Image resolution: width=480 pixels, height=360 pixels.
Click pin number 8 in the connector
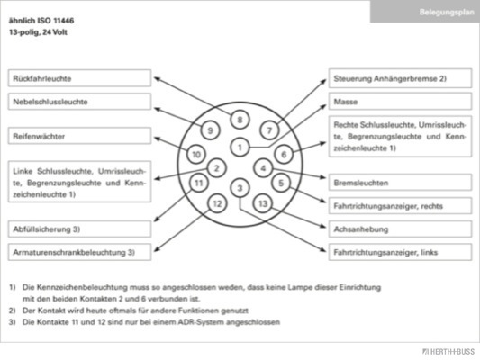(x=240, y=120)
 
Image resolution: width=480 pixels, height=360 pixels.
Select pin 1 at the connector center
(x=240, y=148)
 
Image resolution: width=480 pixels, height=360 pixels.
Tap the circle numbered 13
(x=263, y=203)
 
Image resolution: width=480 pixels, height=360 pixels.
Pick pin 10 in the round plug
(x=196, y=154)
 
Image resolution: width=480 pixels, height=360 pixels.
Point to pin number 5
(x=281, y=183)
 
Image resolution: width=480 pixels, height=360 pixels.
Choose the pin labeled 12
(x=217, y=203)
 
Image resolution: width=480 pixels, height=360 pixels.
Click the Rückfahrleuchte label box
(x=79, y=78)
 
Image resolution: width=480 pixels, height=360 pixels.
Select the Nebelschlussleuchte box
(x=79, y=102)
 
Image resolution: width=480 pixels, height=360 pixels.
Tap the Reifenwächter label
(x=79, y=136)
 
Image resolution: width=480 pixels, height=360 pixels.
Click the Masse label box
(x=400, y=102)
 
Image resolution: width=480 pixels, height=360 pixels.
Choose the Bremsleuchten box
(x=400, y=183)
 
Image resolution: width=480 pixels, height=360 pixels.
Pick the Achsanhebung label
(x=400, y=229)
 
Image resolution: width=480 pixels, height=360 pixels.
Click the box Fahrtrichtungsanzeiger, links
(x=400, y=252)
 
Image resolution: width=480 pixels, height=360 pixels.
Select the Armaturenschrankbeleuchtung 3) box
(x=79, y=252)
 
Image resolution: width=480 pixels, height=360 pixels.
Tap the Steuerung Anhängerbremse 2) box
(x=400, y=78)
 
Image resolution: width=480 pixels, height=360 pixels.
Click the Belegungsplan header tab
(x=425, y=12)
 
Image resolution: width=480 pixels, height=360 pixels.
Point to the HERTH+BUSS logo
(x=448, y=352)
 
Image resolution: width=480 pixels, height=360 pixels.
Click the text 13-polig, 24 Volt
(x=38, y=32)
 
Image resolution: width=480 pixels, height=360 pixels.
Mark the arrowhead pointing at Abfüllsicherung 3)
(x=156, y=220)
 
